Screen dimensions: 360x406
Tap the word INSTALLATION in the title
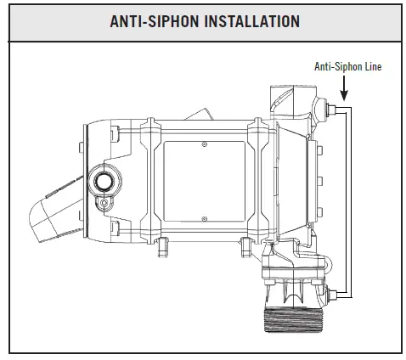coord(255,20)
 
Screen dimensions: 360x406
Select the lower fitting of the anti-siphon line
coord(333,294)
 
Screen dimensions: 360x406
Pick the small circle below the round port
coord(104,204)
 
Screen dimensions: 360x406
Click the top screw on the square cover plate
coord(204,145)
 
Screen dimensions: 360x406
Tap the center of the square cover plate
coord(204,182)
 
